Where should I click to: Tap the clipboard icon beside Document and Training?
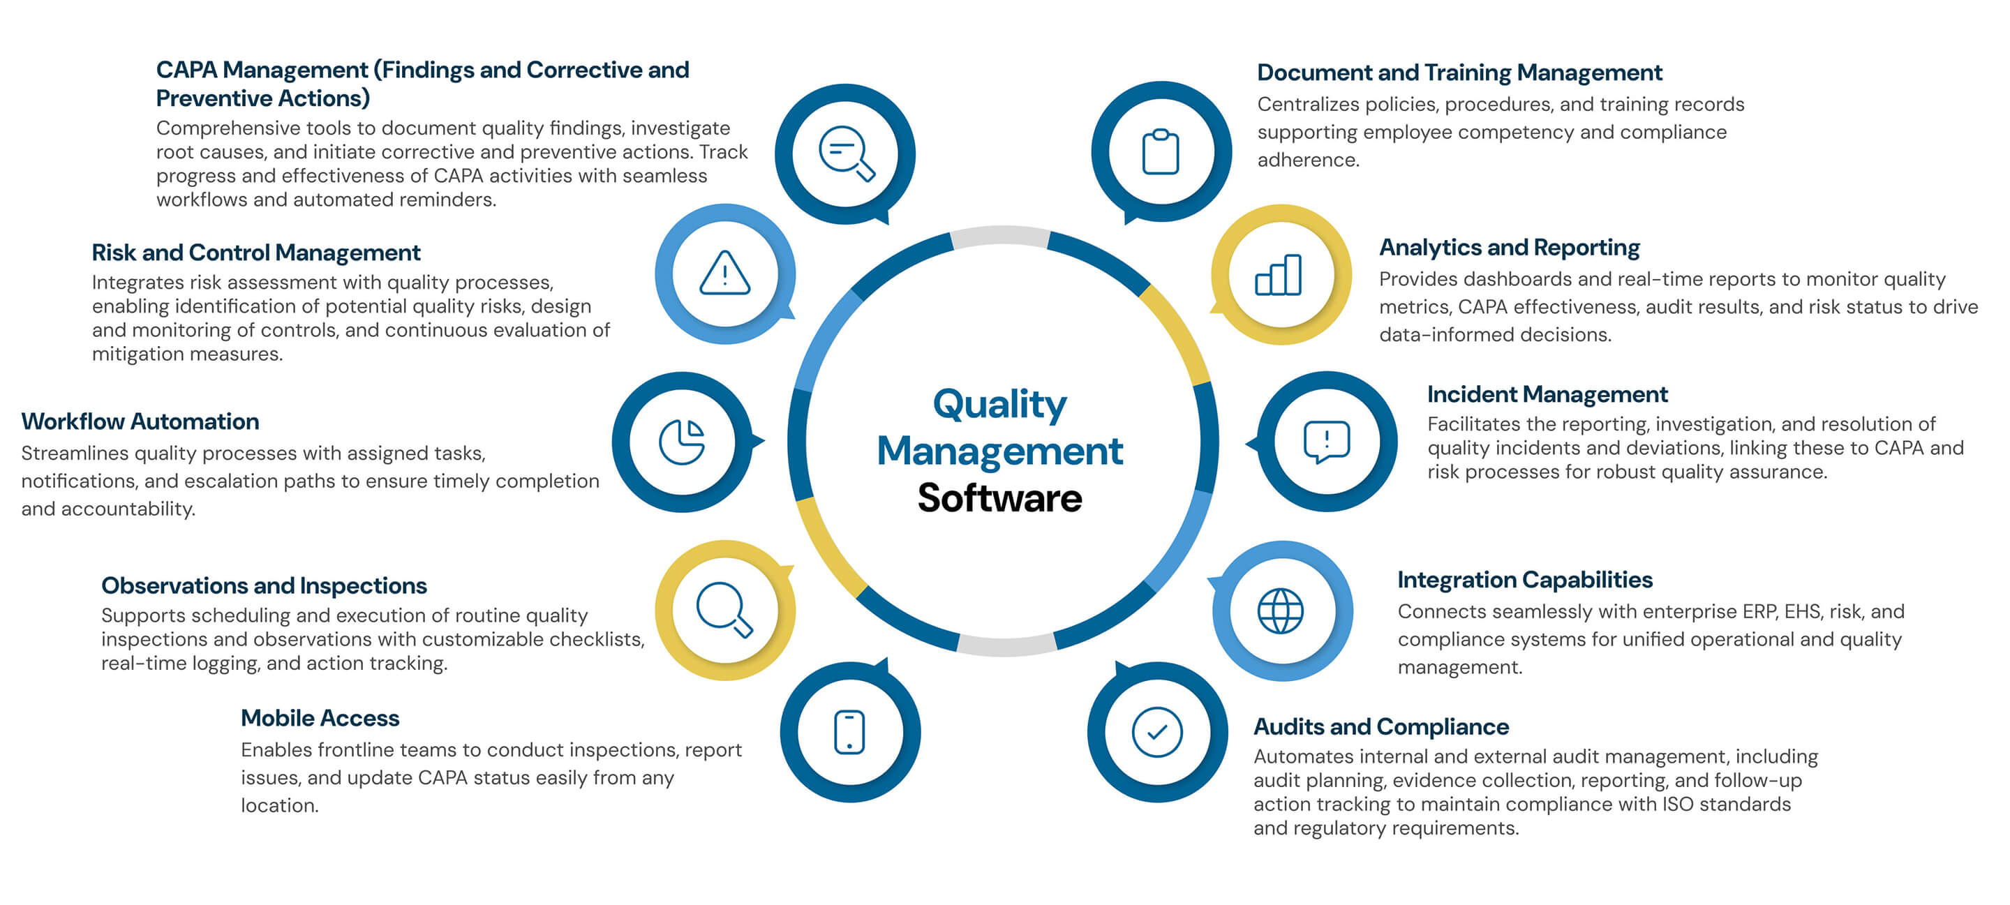click(1160, 152)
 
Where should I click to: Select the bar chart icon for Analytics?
click(1278, 276)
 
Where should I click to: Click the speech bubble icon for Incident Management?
click(1327, 442)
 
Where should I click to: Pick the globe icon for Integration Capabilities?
click(1281, 611)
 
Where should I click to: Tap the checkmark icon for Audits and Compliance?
click(1157, 732)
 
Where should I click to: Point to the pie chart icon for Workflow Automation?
click(682, 442)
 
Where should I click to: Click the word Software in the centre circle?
click(999, 498)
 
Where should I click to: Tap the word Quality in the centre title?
click(999, 404)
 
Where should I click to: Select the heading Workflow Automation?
click(140, 421)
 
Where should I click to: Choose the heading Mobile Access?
click(320, 718)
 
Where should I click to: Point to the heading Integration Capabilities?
click(1525, 580)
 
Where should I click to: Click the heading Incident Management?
click(1547, 394)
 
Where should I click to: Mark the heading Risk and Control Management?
click(256, 253)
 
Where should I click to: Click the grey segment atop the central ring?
click(1001, 237)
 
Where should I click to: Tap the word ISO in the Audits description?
click(1678, 805)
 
